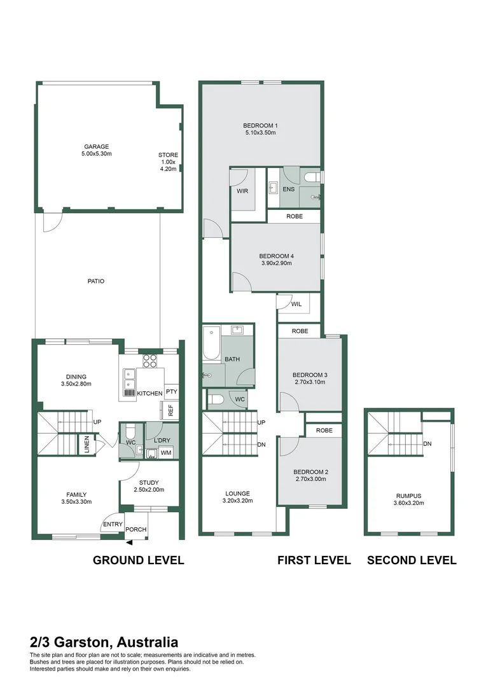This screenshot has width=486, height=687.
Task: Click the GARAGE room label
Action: tap(96, 147)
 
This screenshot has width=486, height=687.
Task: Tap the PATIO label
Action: tap(96, 281)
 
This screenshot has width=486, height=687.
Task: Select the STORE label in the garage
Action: tap(168, 155)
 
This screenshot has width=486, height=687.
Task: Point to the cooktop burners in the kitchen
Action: tap(149, 361)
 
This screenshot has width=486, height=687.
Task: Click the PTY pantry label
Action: tap(170, 392)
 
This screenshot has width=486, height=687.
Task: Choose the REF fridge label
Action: tap(170, 411)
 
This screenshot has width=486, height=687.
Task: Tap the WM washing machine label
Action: tap(165, 453)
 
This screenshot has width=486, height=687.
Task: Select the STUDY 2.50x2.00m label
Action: tap(149, 486)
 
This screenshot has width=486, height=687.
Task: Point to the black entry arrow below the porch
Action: tap(130, 543)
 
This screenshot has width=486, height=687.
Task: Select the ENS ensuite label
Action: tap(288, 190)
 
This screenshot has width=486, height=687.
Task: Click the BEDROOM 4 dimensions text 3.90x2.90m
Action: tap(276, 263)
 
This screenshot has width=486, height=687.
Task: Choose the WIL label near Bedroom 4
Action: tap(296, 304)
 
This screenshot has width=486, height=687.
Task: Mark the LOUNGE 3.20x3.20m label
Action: tap(237, 497)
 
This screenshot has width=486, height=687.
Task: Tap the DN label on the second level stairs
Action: tap(428, 444)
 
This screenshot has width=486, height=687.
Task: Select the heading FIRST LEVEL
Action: tap(314, 560)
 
